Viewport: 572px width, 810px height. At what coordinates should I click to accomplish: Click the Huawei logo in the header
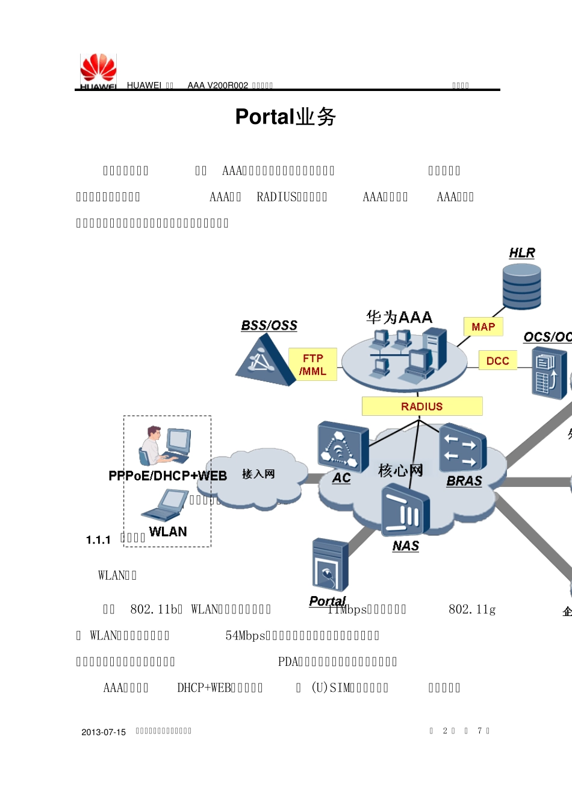click(98, 71)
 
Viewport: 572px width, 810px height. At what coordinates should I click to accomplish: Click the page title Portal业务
click(285, 117)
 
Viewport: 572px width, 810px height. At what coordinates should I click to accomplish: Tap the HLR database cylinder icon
click(521, 287)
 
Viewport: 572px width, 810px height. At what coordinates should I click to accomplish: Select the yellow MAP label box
click(483, 327)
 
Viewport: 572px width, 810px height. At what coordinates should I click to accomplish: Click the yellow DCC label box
click(497, 360)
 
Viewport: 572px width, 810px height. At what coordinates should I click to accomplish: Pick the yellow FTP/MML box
click(312, 365)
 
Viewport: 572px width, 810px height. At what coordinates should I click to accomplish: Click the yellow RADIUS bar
click(421, 406)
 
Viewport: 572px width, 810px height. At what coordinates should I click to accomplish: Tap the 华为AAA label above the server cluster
click(399, 317)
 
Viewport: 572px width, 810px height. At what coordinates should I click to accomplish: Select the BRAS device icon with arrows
click(462, 448)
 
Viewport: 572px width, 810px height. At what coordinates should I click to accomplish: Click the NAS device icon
click(405, 512)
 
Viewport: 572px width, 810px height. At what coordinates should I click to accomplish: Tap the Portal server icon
click(330, 565)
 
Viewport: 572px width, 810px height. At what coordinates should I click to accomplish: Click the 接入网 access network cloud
click(258, 476)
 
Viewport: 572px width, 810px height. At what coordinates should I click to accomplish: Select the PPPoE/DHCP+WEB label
click(167, 476)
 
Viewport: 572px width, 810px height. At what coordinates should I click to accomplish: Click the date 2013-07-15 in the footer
click(104, 732)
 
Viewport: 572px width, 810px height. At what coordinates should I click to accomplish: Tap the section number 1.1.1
click(98, 540)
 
